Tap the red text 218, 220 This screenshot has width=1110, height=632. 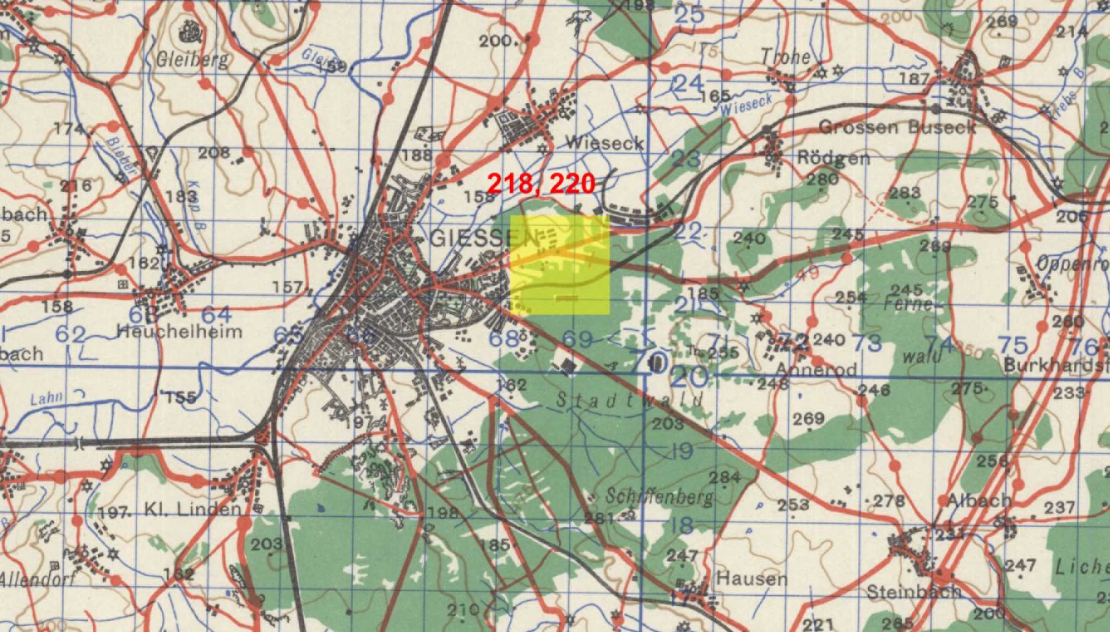pyautogui.click(x=541, y=183)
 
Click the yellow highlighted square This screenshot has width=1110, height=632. pyautogui.click(x=560, y=265)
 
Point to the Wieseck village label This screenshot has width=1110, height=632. pyautogui.click(x=604, y=143)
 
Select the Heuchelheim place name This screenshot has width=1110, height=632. pyautogui.click(x=179, y=332)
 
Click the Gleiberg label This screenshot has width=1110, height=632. pyautogui.click(x=192, y=59)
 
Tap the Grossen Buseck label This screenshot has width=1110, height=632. pyautogui.click(x=897, y=128)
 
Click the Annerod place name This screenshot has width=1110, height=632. pyautogui.click(x=816, y=368)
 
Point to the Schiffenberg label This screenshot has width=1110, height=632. pyautogui.click(x=660, y=496)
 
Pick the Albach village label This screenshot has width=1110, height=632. pyautogui.click(x=978, y=500)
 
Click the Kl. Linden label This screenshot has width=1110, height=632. pyautogui.click(x=192, y=509)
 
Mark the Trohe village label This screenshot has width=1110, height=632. pyautogui.click(x=785, y=57)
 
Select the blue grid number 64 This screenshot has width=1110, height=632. pyautogui.click(x=216, y=315)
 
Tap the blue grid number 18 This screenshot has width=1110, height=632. pyautogui.click(x=682, y=525)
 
